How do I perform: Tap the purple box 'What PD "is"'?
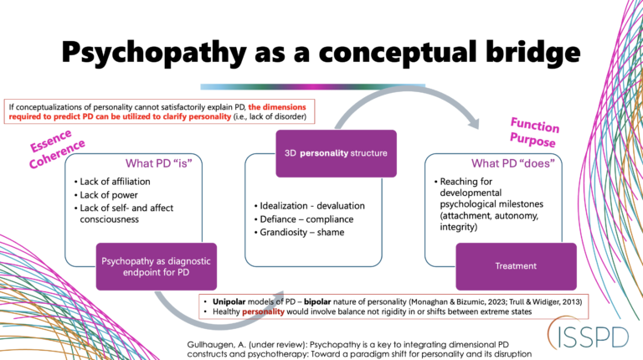click(x=138, y=163)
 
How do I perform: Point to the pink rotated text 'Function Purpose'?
click(x=533, y=133)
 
